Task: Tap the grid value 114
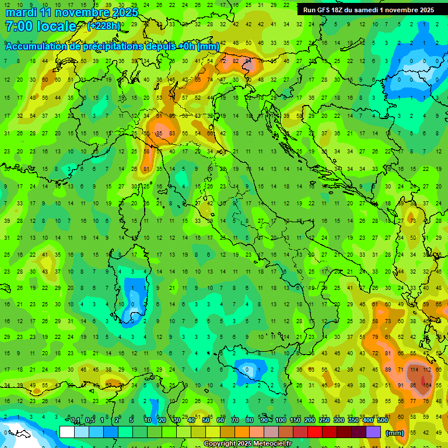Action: (415, 369)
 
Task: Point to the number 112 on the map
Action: (428, 369)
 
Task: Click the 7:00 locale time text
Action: (40, 26)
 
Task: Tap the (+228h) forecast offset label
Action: (104, 26)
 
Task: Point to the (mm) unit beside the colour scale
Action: (395, 432)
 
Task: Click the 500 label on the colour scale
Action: (382, 421)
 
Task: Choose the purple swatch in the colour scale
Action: (373, 432)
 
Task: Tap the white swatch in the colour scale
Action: (67, 432)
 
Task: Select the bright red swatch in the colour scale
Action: (315, 432)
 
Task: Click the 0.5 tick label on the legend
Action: (90, 421)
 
